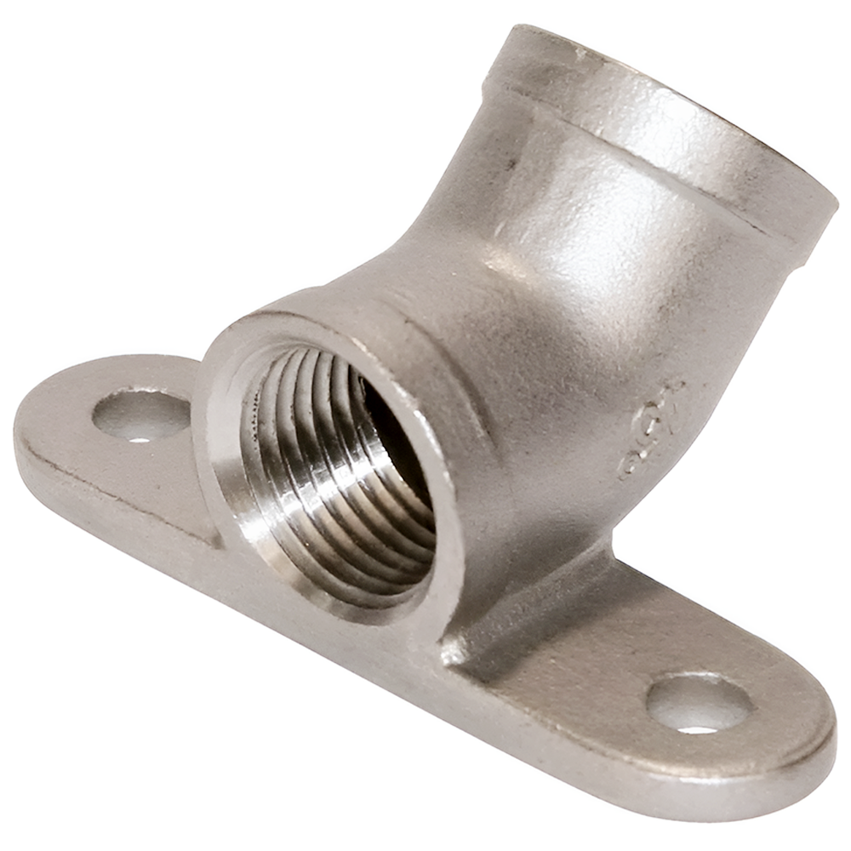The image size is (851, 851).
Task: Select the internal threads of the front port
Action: click(x=323, y=477)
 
